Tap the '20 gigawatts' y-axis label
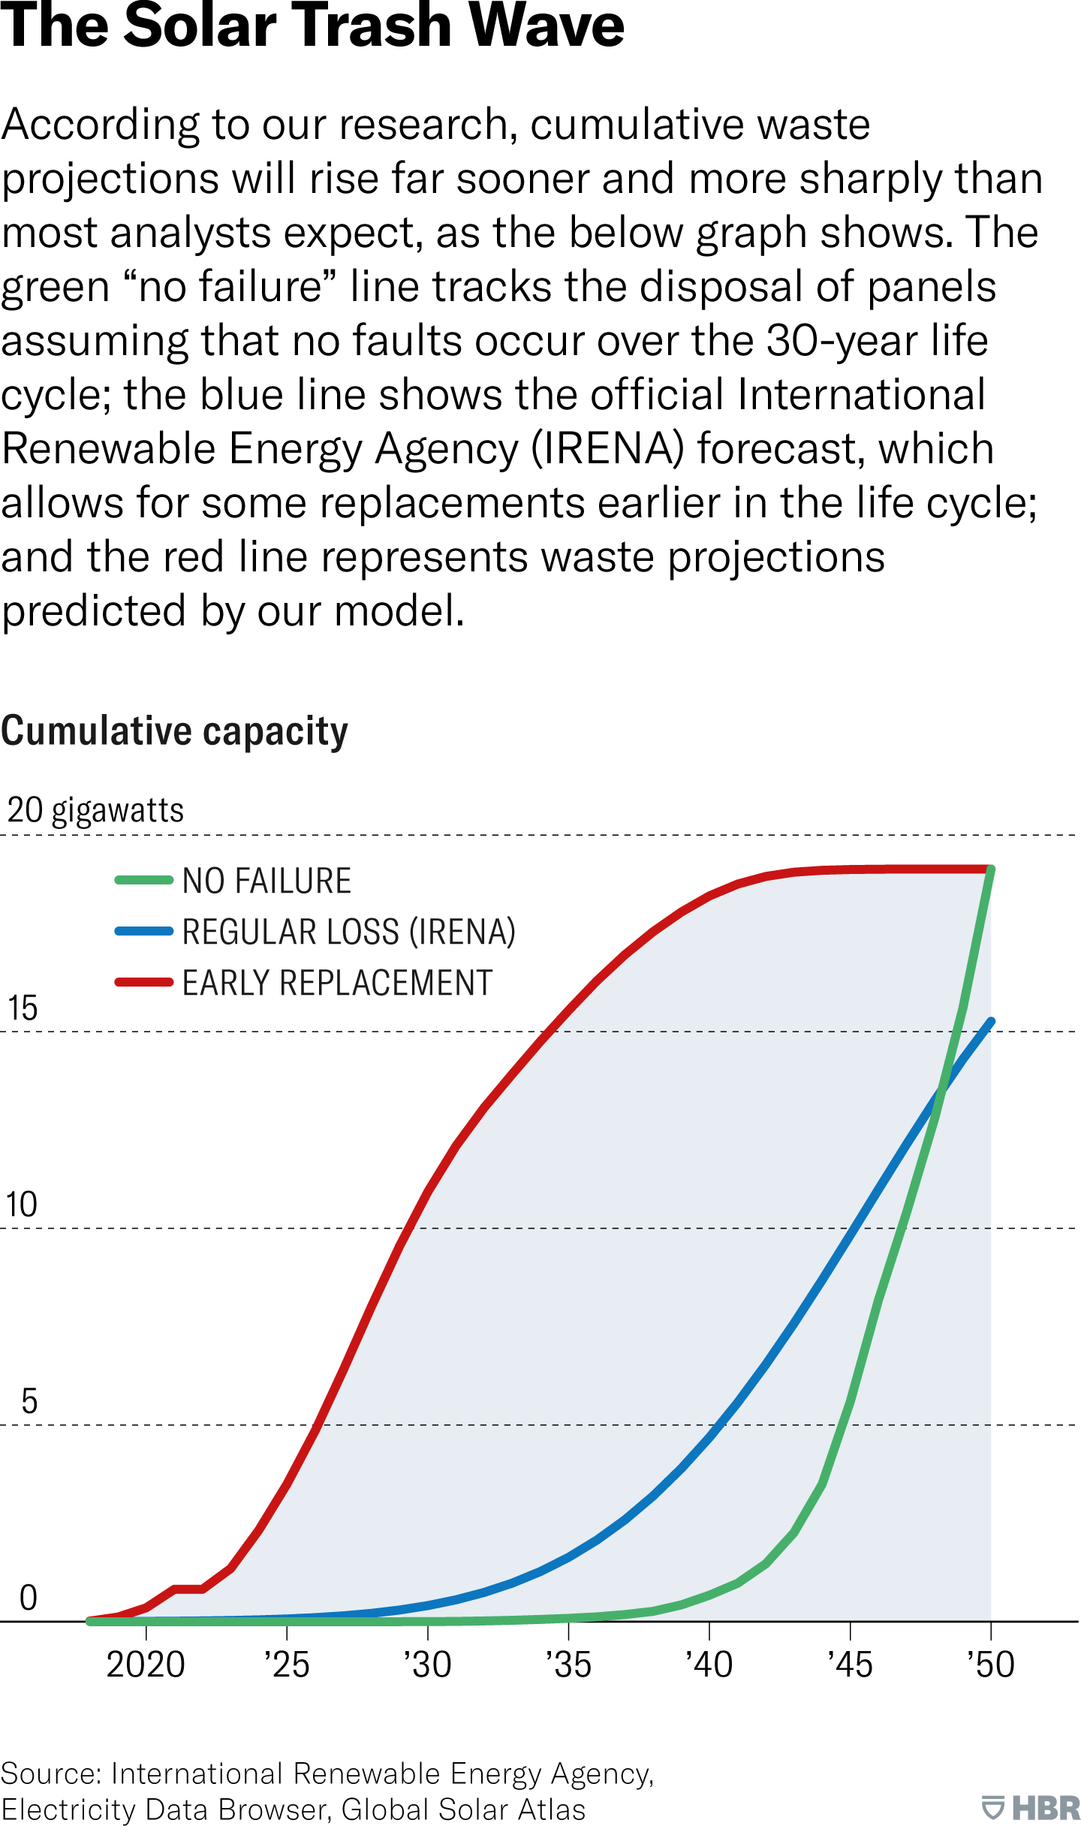click(95, 811)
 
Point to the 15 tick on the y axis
click(23, 1008)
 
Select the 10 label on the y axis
click(22, 1205)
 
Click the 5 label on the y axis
click(29, 1402)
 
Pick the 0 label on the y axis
click(29, 1599)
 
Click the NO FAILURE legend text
click(266, 881)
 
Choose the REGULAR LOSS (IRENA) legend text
click(349, 932)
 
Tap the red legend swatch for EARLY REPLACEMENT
click(144, 982)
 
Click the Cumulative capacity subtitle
click(174, 731)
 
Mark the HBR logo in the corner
click(1031, 1807)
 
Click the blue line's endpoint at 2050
click(991, 1022)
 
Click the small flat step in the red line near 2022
click(188, 1589)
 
